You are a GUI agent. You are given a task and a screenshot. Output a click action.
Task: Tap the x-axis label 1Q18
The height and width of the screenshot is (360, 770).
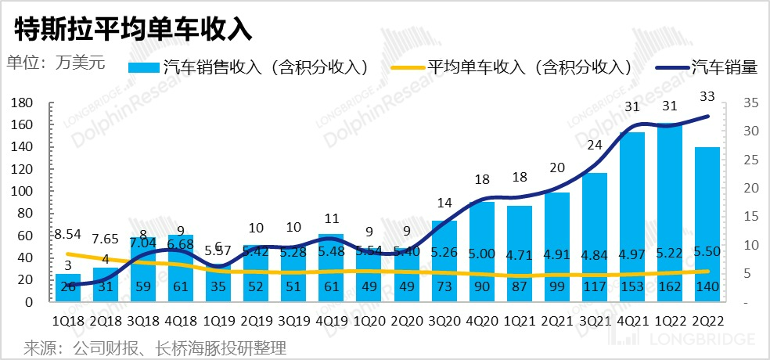[x=67, y=321]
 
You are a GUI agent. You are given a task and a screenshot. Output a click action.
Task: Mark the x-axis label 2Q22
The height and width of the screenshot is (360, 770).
[x=707, y=321]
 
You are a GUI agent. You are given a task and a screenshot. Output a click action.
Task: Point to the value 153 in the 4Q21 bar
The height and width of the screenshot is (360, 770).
[x=632, y=288]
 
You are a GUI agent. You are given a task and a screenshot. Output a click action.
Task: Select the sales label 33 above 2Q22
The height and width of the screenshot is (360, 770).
[x=707, y=97]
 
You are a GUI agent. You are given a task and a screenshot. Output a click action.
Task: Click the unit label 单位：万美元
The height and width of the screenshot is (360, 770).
[x=56, y=62]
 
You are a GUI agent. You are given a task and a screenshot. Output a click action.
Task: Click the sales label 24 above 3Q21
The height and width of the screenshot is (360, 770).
[x=595, y=145]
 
